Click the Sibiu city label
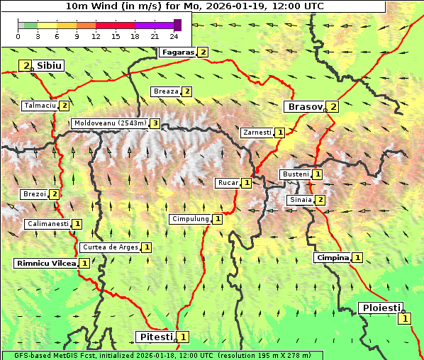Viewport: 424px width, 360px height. pos(50,66)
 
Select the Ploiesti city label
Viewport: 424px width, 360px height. pos(381,308)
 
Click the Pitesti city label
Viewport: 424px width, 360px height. pos(155,337)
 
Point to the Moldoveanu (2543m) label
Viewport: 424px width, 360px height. pos(110,123)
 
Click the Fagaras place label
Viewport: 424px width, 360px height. pos(178,52)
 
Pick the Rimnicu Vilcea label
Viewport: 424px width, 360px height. pos(45,263)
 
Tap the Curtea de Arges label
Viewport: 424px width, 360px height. pos(109,247)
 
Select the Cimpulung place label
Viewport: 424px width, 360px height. pos(190,219)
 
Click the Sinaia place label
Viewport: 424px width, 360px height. pos(300,200)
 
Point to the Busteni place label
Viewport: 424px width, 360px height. pos(295,174)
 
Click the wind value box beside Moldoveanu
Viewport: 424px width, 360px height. pos(155,123)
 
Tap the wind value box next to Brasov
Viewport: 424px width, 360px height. pos(333,107)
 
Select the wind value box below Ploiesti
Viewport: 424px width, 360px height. pos(404,319)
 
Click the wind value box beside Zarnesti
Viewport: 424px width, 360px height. pos(280,133)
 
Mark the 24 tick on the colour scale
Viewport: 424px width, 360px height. pos(174,36)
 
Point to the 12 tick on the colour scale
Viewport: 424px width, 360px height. pos(96,36)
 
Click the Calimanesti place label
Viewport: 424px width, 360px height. pos(48,224)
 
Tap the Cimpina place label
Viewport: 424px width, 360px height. pos(333,258)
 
